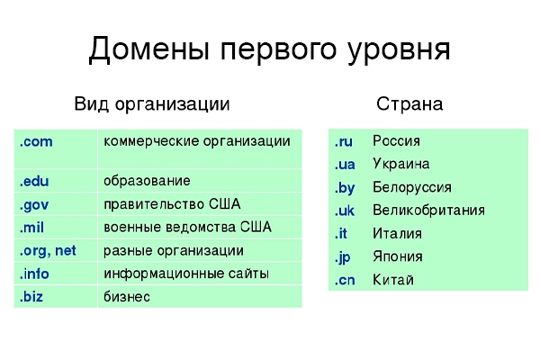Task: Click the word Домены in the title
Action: (x=149, y=50)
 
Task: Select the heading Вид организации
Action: (x=152, y=104)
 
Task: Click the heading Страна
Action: (x=409, y=104)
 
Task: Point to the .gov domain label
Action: (x=34, y=205)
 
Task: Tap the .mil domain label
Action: (x=31, y=228)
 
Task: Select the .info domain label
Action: (x=34, y=274)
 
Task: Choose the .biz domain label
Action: (x=31, y=297)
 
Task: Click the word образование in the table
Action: (x=147, y=181)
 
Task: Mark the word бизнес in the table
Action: (x=127, y=297)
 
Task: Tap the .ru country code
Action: (x=344, y=141)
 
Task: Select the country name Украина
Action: (x=401, y=164)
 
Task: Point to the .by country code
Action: (x=345, y=188)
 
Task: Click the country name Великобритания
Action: (x=428, y=210)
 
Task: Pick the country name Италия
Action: (x=398, y=233)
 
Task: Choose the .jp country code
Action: (x=342, y=257)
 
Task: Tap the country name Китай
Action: (x=393, y=279)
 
